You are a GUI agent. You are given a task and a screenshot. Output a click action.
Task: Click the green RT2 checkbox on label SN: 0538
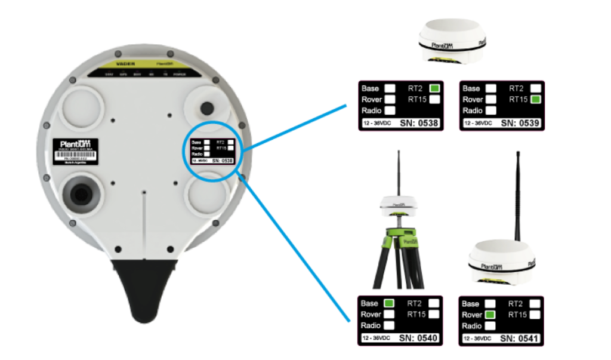point(434,88)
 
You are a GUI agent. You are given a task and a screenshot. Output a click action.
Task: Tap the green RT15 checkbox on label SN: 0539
point(536,99)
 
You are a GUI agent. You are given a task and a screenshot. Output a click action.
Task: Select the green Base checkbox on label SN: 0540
point(389,303)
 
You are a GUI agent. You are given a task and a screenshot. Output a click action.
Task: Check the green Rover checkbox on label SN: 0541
point(490,315)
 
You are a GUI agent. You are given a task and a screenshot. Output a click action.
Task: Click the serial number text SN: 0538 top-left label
point(420,123)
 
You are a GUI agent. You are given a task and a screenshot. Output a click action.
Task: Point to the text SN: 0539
point(521,123)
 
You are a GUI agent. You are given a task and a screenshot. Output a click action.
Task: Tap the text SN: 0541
point(520,339)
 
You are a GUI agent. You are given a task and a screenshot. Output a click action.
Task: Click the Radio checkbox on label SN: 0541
point(490,326)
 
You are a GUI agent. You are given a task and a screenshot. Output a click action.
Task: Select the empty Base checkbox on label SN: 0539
point(490,88)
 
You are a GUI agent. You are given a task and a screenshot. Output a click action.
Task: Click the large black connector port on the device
point(81,192)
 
